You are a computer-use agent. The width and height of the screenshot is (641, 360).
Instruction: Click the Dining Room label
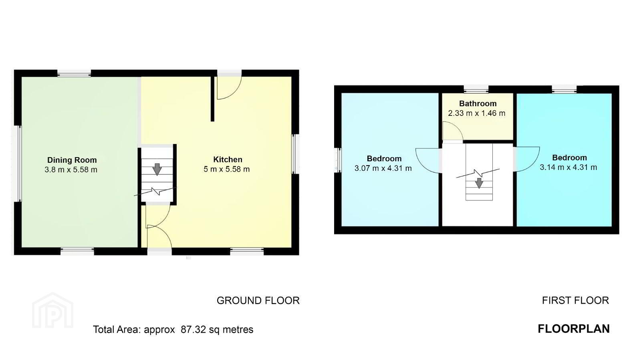[x=72, y=160]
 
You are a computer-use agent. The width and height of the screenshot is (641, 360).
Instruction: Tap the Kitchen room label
[x=228, y=159]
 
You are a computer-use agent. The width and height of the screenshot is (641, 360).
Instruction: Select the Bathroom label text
[x=478, y=103]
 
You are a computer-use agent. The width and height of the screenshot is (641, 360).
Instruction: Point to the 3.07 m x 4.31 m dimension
[x=383, y=168]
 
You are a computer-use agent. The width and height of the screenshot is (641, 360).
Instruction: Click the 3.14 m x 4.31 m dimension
[x=568, y=167]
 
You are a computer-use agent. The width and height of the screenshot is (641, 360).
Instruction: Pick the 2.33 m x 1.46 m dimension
[x=477, y=113]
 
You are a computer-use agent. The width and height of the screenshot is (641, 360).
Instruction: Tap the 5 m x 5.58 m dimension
[x=227, y=169]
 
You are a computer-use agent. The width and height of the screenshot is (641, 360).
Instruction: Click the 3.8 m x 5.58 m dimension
[x=71, y=170]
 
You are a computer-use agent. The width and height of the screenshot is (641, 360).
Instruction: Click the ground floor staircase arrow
[x=157, y=169]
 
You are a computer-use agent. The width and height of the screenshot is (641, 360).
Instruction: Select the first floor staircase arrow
[x=479, y=183]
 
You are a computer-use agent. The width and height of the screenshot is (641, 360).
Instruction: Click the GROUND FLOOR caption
[x=258, y=300]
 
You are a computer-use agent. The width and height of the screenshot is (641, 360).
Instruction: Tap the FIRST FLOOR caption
[x=575, y=300]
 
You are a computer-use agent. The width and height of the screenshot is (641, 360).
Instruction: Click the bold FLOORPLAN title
[x=574, y=329]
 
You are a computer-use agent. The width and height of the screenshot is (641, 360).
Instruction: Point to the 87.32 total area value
[x=193, y=330]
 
